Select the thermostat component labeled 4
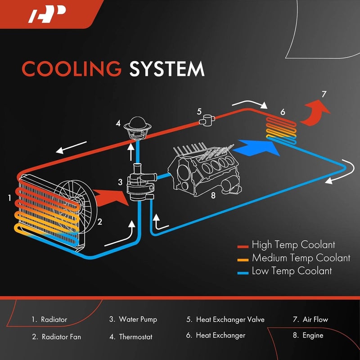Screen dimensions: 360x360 [135, 126]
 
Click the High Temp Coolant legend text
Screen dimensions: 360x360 [293, 245]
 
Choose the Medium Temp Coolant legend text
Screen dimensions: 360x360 [301, 258]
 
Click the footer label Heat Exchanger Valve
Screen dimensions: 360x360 [230, 320]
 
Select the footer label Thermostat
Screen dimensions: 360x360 [135, 337]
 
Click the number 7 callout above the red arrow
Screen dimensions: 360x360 [324, 94]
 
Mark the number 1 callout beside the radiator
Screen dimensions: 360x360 [9, 197]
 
